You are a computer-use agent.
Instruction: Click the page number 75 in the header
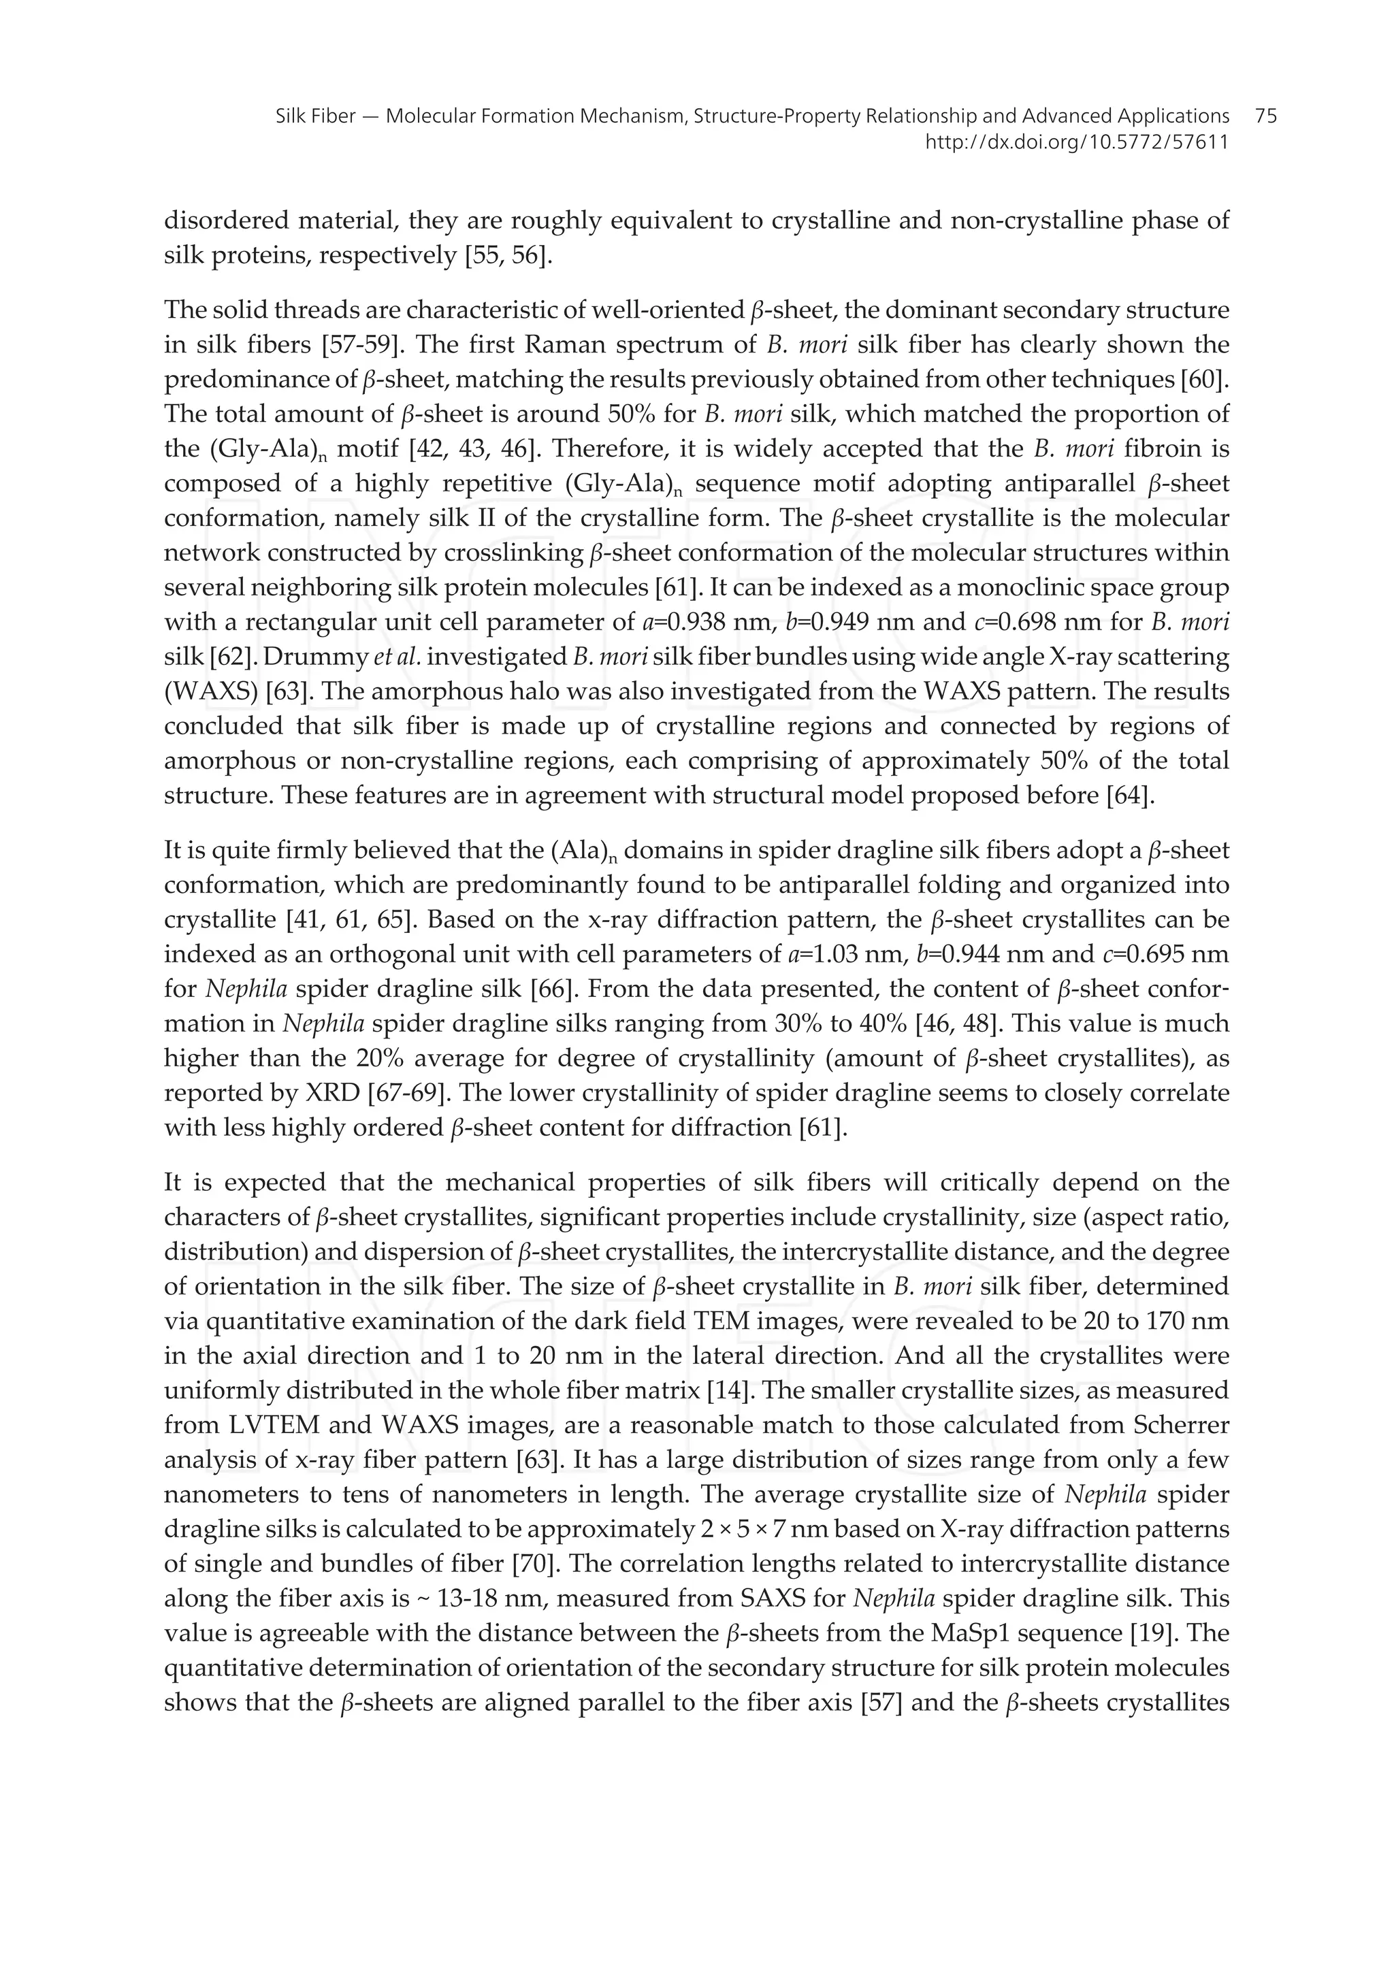pyautogui.click(x=1265, y=116)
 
